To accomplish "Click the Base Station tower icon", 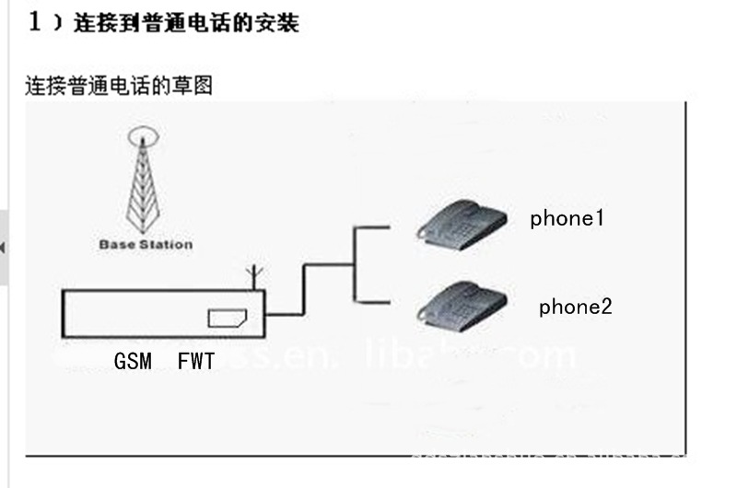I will coord(143,184).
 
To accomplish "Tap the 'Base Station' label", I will coord(146,245).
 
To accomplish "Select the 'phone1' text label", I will coord(567,218).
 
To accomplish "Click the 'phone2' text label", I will coord(575,307).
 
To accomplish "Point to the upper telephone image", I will coord(461,222).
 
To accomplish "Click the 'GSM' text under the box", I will coord(133,362).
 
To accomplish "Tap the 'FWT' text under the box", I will coord(195,362).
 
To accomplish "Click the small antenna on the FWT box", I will coord(257,277).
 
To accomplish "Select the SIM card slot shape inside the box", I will coord(227,318).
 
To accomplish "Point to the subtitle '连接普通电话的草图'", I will coord(119,86).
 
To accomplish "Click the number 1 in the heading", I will coord(35,22).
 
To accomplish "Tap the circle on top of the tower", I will coord(143,136).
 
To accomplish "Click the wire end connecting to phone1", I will coord(387,227).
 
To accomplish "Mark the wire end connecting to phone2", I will coord(387,299).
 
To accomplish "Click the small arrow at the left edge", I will coord(4,248).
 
